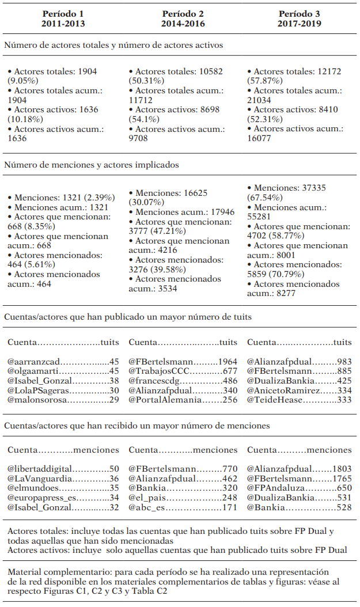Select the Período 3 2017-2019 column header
(x=299, y=18)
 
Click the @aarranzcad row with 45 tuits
(x=63, y=362)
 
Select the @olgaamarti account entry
(x=63, y=371)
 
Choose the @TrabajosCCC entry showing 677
(x=183, y=371)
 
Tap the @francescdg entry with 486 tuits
(x=183, y=381)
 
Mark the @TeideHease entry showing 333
(x=299, y=400)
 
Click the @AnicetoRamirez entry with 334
(x=299, y=390)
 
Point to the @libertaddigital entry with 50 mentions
(x=63, y=469)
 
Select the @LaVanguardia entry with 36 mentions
(x=63, y=479)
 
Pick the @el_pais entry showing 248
(x=183, y=498)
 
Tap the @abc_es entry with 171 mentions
(x=183, y=507)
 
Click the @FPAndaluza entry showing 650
(x=299, y=488)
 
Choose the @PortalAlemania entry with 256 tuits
(x=183, y=400)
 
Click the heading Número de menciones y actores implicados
(x=91, y=165)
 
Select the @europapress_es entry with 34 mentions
(x=63, y=498)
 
